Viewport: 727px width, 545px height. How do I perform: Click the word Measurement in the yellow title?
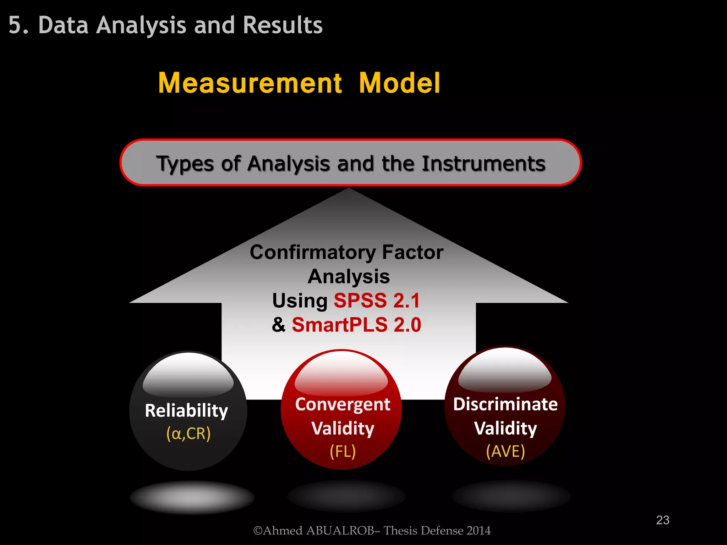[x=250, y=83]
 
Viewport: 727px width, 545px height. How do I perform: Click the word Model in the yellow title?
[x=399, y=83]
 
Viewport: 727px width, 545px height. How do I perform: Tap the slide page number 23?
[x=662, y=520]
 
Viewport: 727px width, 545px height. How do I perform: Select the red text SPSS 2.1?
[x=377, y=301]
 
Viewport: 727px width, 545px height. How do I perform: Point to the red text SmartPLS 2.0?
[x=356, y=325]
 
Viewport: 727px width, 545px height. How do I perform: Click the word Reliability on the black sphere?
[x=186, y=411]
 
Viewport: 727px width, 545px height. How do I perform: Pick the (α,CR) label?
[x=188, y=434]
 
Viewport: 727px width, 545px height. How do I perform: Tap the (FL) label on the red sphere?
[x=343, y=451]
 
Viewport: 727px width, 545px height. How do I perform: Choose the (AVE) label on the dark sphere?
[x=505, y=451]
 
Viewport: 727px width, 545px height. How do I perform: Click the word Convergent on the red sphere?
[x=343, y=404]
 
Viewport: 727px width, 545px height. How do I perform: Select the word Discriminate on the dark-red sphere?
[x=505, y=404]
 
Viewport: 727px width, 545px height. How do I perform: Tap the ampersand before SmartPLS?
[x=279, y=325]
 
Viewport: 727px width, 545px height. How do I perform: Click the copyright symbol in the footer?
[x=258, y=531]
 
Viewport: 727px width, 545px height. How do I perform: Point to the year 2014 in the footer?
[x=479, y=530]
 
